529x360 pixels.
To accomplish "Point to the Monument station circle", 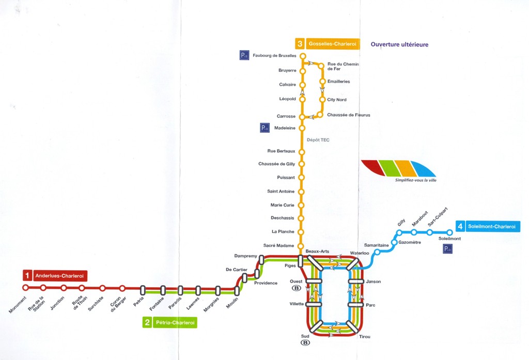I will (x=25, y=288).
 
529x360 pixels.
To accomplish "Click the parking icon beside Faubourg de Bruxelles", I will (x=244, y=55).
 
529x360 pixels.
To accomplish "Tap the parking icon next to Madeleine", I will (x=264, y=128).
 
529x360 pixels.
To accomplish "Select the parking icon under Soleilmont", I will (x=447, y=249).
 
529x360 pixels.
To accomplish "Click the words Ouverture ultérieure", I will (x=399, y=44).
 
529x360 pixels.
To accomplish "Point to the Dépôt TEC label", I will (x=318, y=140).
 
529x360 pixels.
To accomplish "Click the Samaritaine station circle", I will (x=377, y=252).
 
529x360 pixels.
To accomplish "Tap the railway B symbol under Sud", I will (x=305, y=342).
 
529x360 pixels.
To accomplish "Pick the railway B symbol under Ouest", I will (x=297, y=288).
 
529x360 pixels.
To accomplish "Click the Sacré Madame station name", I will (x=278, y=246).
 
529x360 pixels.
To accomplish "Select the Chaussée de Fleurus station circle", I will (x=320, y=115).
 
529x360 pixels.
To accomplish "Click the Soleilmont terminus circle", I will (x=449, y=232).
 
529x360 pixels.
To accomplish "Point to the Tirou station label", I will (x=365, y=337).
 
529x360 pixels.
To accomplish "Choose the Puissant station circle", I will (x=302, y=178).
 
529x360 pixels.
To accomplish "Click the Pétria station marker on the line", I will (x=143, y=290).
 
